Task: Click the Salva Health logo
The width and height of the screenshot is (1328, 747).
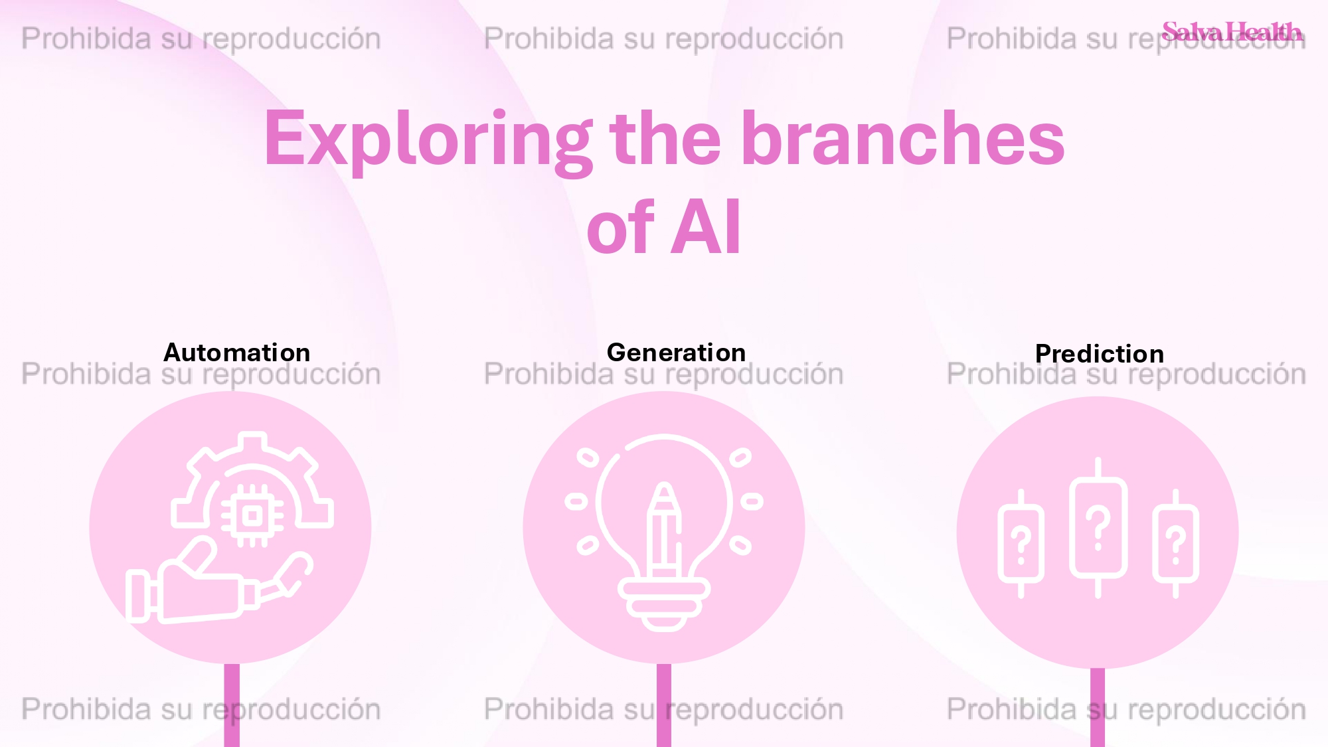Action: tap(1232, 31)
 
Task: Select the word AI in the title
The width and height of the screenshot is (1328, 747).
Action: tap(705, 227)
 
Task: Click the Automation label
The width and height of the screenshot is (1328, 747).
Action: tap(237, 352)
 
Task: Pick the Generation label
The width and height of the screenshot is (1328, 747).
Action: tap(676, 352)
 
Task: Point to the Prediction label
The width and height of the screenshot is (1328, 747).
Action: tap(1099, 353)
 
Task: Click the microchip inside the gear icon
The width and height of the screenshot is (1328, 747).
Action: tap(252, 515)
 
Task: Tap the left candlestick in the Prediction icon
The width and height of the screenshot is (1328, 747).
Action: tap(1021, 543)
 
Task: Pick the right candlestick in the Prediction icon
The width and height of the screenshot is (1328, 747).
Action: tap(1175, 543)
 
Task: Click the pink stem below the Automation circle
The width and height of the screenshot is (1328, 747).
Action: tap(232, 705)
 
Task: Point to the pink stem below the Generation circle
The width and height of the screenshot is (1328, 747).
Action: tap(664, 705)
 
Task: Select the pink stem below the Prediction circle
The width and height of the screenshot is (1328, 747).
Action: tap(1098, 708)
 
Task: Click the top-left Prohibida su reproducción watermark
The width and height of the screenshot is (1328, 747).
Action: tap(201, 39)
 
